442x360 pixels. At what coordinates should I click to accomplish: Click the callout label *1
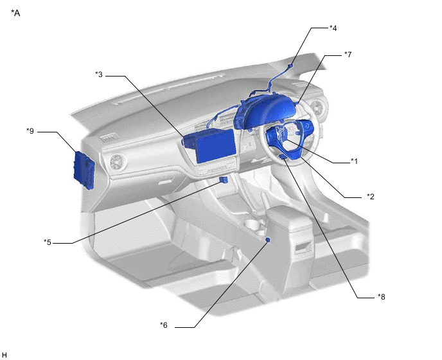pyautogui.click(x=354, y=161)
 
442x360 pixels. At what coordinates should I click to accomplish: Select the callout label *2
pyautogui.click(x=371, y=196)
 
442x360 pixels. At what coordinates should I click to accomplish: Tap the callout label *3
pyautogui.click(x=99, y=75)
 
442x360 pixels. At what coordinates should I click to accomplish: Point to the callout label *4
pyautogui.click(x=333, y=28)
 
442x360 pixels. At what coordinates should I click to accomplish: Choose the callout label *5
pyautogui.click(x=48, y=242)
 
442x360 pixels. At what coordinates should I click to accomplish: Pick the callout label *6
pyautogui.click(x=164, y=325)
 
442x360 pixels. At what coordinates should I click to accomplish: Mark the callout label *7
pyautogui.click(x=348, y=54)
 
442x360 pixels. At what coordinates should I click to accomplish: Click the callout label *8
pyautogui.click(x=382, y=296)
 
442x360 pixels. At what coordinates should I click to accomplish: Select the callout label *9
pyautogui.click(x=30, y=131)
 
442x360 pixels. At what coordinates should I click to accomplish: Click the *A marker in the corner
pyautogui.click(x=15, y=13)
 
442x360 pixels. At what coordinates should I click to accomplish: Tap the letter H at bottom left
pyautogui.click(x=4, y=355)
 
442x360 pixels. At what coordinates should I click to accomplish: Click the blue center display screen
pyautogui.click(x=215, y=146)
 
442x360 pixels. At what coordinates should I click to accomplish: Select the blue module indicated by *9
pyautogui.click(x=84, y=170)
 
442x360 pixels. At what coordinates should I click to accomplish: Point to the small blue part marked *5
pyautogui.click(x=224, y=180)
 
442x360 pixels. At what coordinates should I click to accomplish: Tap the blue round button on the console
pyautogui.click(x=268, y=240)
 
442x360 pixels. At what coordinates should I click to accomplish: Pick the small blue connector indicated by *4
pyautogui.click(x=290, y=66)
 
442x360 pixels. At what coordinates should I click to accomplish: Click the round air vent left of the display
pyautogui.click(x=116, y=162)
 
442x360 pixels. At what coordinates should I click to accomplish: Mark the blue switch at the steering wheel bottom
pyautogui.click(x=283, y=157)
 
